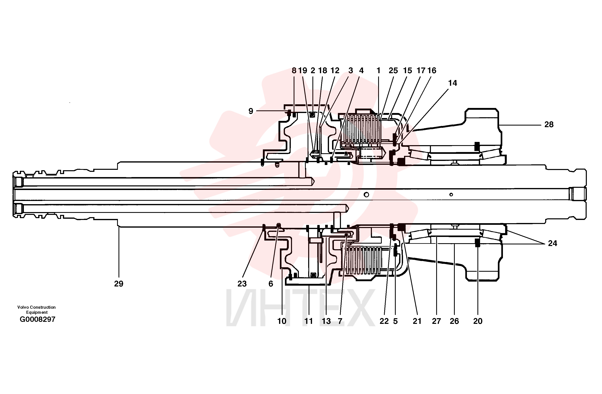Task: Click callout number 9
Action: pos(251,111)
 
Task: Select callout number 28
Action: pos(549,124)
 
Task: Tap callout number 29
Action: pos(119,284)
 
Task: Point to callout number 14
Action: pos(453,83)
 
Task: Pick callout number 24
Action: pos(552,243)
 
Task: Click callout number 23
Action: pos(242,284)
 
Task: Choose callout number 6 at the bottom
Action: pos(271,284)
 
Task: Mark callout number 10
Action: pos(282,321)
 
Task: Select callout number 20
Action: pos(478,321)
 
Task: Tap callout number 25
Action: pos(393,71)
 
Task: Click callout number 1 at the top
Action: pos(378,71)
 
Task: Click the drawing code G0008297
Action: pos(37,319)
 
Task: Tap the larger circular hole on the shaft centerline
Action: pos(366,194)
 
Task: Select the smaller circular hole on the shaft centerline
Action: pos(451,194)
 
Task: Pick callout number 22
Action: pos(384,321)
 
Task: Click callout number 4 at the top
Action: pos(361,71)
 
